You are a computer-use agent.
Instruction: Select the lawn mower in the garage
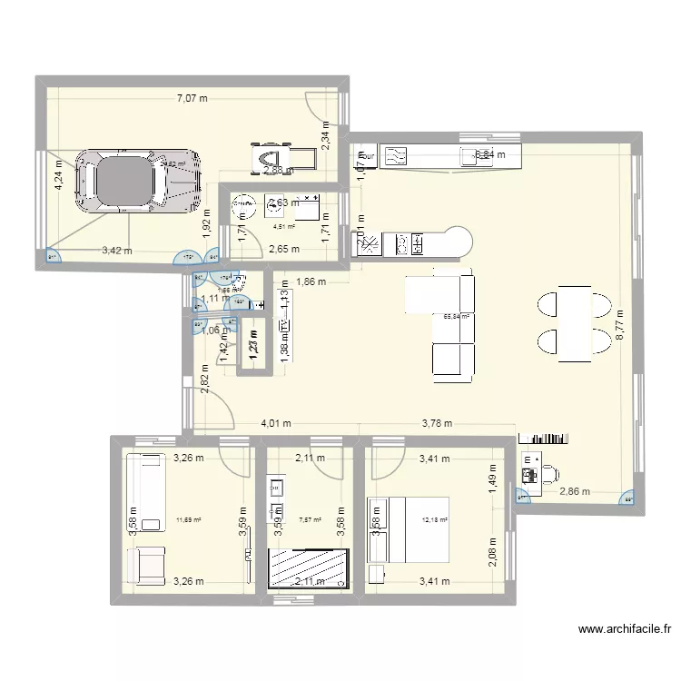pos(282,155)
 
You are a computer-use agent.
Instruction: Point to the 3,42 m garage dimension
pos(116,250)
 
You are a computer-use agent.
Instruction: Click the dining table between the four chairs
pos(574,320)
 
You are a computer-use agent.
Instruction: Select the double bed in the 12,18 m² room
pos(408,530)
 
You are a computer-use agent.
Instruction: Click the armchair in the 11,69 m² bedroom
pos(146,565)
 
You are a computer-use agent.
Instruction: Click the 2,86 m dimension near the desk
pos(575,491)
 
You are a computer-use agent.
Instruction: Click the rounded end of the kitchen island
pos(459,242)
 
